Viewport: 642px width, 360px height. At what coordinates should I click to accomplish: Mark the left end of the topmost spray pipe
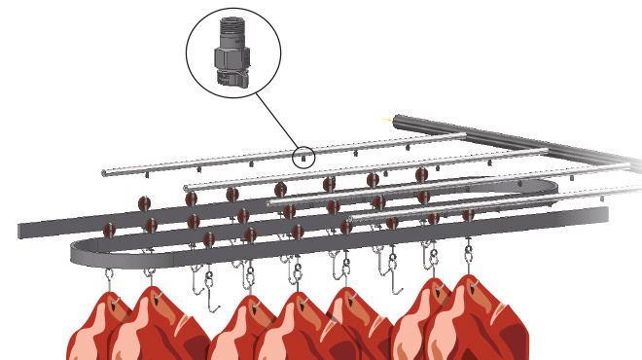click(106, 172)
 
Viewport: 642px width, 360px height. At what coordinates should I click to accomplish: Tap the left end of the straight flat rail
click(22, 231)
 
